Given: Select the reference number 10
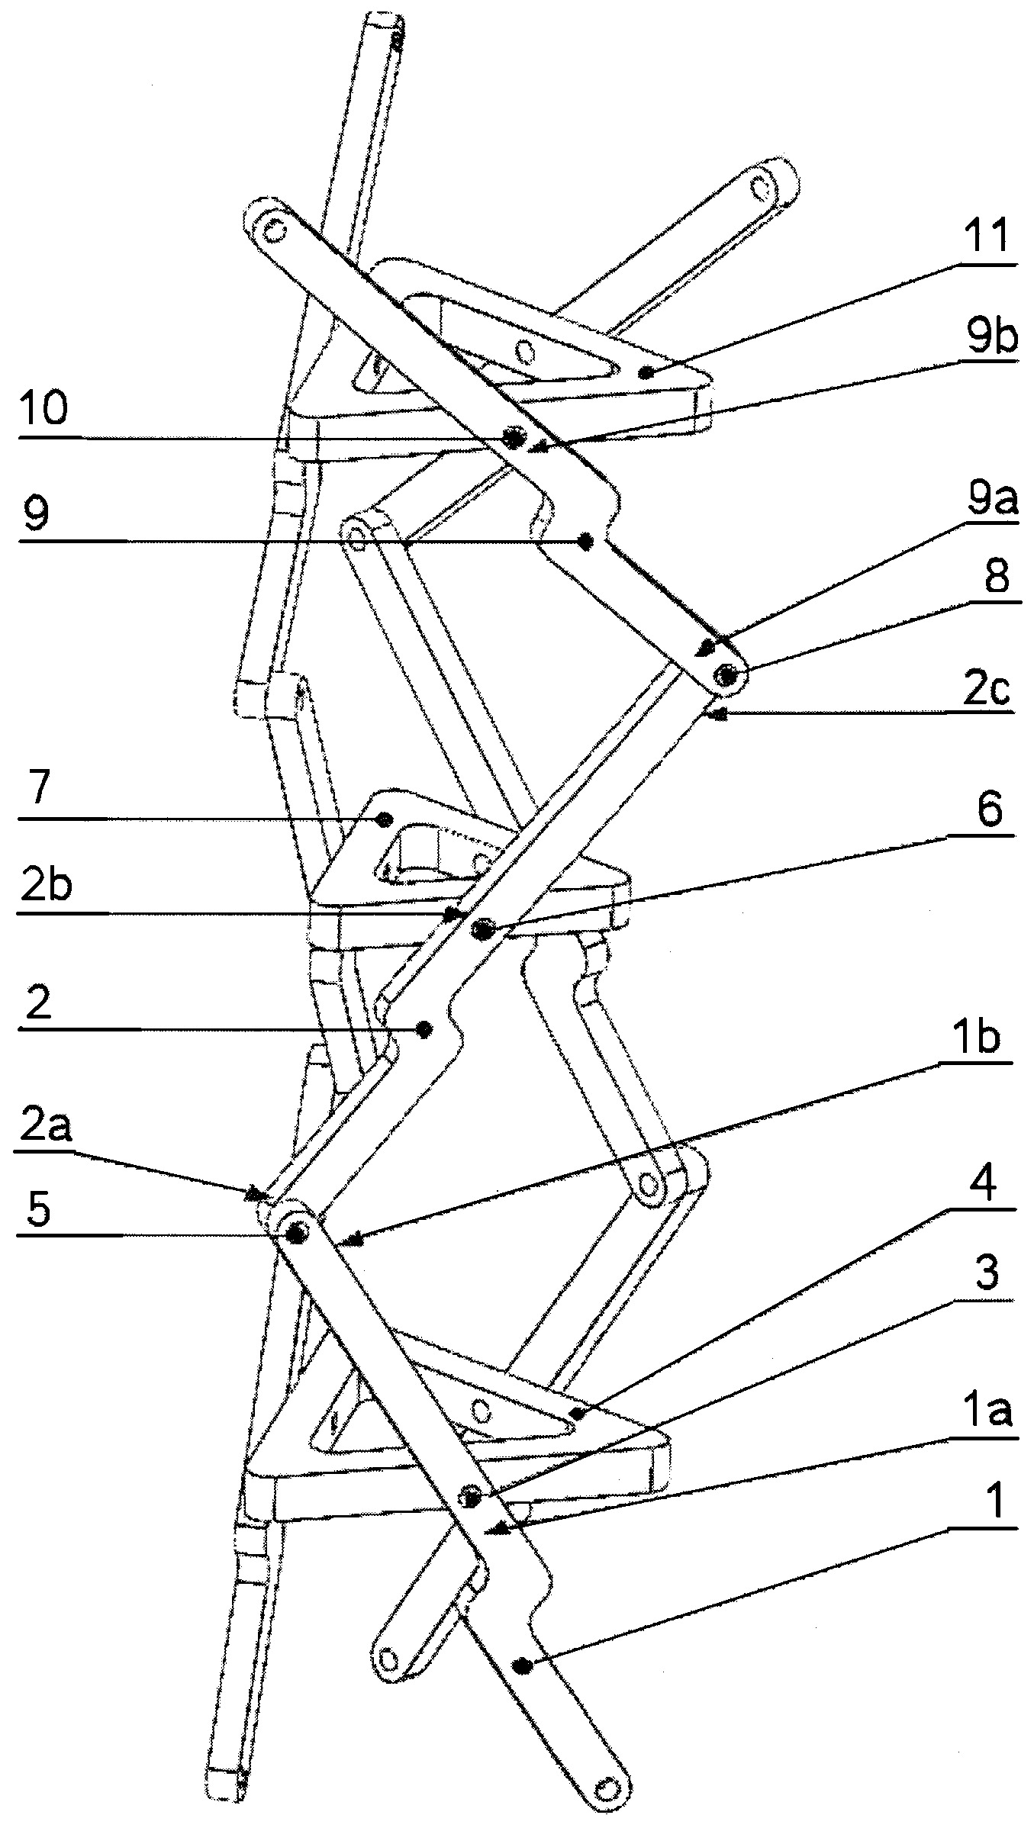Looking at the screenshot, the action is (45, 410).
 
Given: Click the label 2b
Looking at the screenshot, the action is (45, 887).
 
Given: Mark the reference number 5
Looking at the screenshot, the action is (37, 1208).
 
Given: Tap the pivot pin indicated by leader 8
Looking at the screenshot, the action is (727, 674).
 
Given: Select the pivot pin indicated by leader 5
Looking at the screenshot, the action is (295, 1230).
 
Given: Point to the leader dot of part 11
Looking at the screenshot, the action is (646, 372).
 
